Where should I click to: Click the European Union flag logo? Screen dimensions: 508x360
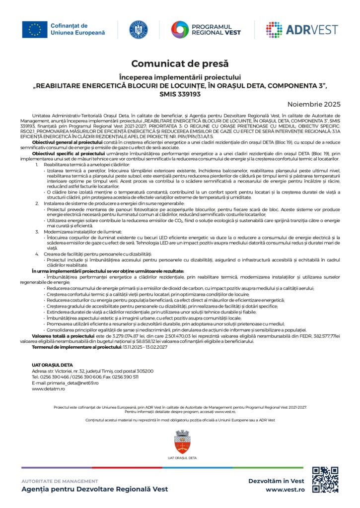34,30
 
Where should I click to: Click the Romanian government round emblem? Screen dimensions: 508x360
139,30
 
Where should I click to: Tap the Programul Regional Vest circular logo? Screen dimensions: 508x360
179,30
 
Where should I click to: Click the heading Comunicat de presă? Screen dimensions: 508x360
180,63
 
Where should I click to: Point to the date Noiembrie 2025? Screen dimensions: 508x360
314,104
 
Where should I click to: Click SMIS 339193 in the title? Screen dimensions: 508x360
180,93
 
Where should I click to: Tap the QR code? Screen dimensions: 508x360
325,480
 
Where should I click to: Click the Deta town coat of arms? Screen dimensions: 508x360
180,441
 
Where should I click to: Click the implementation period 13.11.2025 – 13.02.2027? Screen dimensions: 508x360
144,347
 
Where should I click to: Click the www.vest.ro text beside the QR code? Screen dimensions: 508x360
285,489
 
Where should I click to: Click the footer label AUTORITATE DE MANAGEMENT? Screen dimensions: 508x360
60,481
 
